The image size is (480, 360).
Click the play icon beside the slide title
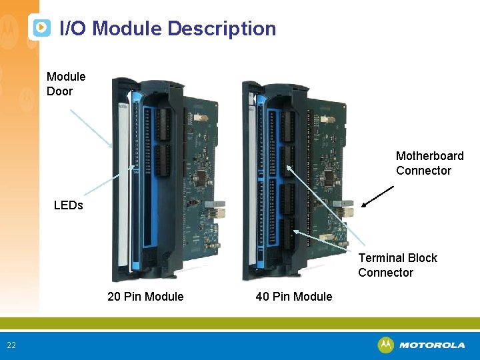coord(41,27)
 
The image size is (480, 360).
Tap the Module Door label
coord(65,84)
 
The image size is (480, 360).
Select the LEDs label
coord(68,205)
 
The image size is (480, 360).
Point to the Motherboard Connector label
coord(429,163)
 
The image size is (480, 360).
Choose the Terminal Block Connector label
coord(397,265)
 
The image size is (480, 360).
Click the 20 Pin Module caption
coord(145,297)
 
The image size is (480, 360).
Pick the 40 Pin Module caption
coord(293,297)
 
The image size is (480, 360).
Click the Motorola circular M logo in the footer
coord(385,345)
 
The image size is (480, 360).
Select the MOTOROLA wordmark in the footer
coord(432,345)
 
